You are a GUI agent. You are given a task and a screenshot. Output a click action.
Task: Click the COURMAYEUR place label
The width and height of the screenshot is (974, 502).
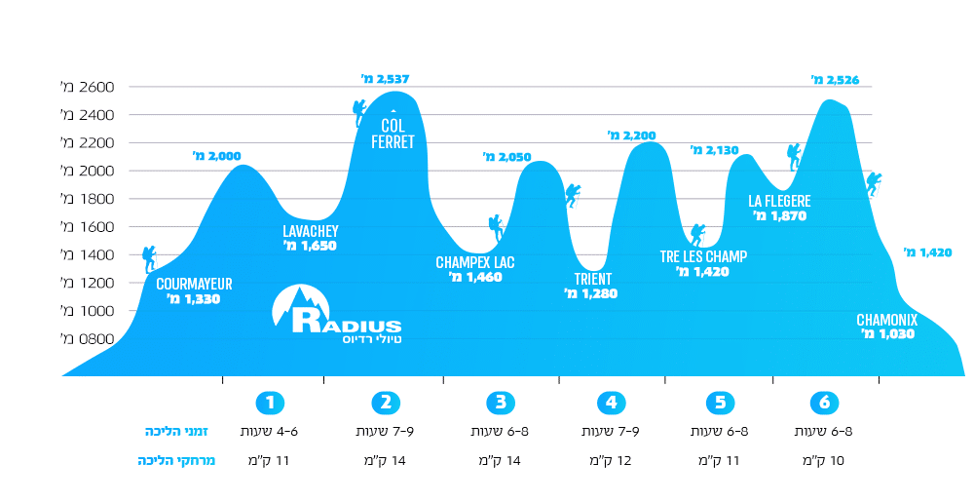point(194,284)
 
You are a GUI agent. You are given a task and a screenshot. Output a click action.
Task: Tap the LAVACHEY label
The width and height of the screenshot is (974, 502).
point(310,231)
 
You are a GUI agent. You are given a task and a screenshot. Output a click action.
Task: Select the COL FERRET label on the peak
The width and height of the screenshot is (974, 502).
point(393,134)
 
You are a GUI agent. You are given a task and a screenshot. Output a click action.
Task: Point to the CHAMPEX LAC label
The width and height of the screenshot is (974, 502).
point(475,262)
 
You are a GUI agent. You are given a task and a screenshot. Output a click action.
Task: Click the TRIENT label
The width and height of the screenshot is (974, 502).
point(593,278)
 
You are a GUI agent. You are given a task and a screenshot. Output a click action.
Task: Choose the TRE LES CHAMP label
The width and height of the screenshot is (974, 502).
point(703,257)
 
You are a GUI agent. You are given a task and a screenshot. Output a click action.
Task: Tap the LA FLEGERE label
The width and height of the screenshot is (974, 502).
point(779,202)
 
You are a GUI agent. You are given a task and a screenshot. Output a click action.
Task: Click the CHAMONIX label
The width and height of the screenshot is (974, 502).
point(887,319)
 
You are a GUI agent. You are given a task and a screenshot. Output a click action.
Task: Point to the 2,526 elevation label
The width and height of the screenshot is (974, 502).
point(835,80)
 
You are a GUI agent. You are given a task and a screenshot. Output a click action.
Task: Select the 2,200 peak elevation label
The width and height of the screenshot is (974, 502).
point(633,135)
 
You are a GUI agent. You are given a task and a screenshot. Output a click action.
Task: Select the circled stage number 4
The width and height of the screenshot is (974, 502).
point(611,402)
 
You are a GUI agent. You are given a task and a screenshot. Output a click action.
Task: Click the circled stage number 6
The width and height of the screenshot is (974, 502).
point(824,402)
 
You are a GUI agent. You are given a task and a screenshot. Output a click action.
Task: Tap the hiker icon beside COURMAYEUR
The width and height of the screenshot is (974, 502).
point(149,258)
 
